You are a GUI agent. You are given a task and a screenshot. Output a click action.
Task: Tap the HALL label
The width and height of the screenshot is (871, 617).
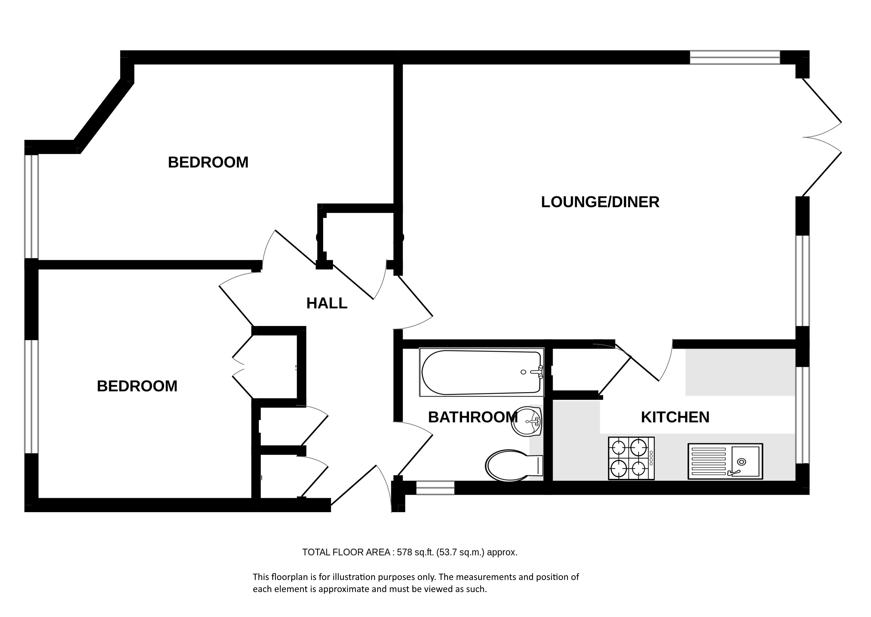[327, 303]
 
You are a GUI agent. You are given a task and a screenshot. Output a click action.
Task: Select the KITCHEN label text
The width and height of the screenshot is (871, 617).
[675, 417]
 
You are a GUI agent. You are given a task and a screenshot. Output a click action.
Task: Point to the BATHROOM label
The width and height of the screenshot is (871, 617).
[473, 417]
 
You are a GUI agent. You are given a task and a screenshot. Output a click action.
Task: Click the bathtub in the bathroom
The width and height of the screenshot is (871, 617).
[482, 372]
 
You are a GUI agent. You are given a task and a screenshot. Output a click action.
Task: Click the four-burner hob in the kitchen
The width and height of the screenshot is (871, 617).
[631, 458]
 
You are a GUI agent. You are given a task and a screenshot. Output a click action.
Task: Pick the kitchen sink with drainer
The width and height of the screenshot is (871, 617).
[725, 461]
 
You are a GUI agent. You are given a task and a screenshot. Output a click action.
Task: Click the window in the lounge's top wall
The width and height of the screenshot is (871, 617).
[735, 57]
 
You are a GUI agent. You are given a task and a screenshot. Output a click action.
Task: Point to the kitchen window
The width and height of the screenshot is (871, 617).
[802, 415]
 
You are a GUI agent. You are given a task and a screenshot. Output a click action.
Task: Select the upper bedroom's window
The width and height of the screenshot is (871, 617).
[32, 207]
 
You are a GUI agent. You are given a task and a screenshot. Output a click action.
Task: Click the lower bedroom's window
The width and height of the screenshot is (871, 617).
[32, 397]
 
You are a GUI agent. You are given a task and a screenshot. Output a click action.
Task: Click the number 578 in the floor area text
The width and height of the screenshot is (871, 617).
[405, 552]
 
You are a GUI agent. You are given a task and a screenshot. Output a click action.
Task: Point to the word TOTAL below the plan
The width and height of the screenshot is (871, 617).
[316, 552]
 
